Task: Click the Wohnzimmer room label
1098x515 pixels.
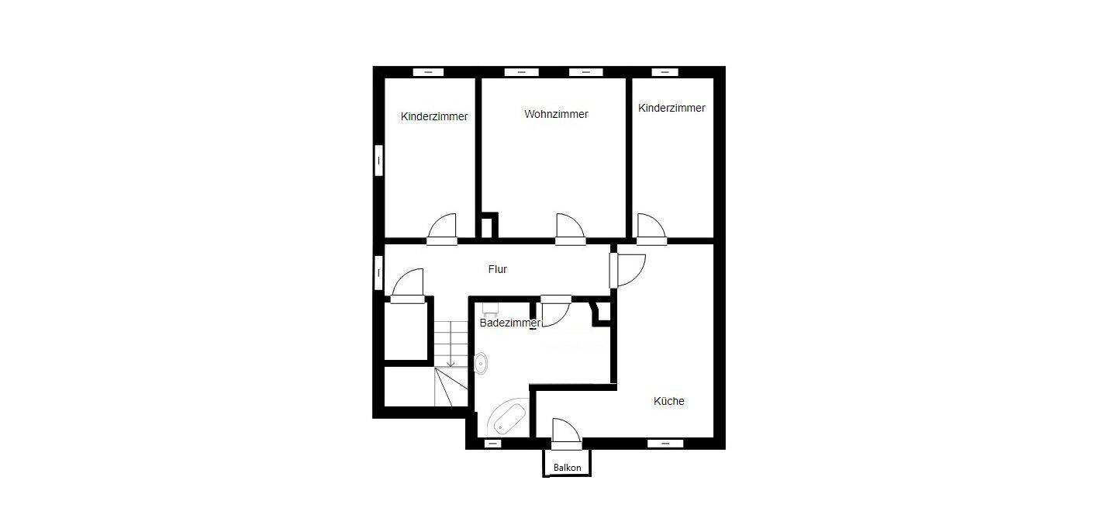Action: click(x=556, y=114)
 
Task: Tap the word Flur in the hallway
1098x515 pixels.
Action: click(x=498, y=269)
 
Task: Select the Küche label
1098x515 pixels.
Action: click(x=668, y=401)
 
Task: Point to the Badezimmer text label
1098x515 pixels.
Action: click(x=509, y=323)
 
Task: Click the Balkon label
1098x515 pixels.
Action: click(x=567, y=468)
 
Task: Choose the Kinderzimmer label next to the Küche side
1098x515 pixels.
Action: click(x=672, y=108)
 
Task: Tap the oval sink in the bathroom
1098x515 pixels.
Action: click(x=482, y=364)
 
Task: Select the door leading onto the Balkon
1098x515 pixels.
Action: click(x=566, y=434)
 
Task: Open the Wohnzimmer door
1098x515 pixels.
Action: click(x=570, y=230)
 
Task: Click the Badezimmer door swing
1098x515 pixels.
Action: click(x=556, y=311)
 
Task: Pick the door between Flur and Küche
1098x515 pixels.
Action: click(x=627, y=270)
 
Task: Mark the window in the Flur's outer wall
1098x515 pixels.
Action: click(x=378, y=273)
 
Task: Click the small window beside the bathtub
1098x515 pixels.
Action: click(x=492, y=444)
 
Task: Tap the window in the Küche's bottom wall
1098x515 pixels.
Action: click(x=665, y=444)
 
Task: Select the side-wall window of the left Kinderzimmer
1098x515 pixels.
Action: click(x=378, y=161)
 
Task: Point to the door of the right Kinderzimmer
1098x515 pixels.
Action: click(x=651, y=230)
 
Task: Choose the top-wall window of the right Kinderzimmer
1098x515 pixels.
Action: click(x=665, y=72)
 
